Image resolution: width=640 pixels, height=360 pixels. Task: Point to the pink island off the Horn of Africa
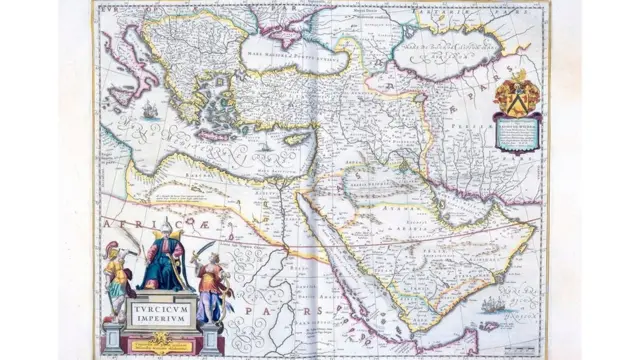coord(489,325)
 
